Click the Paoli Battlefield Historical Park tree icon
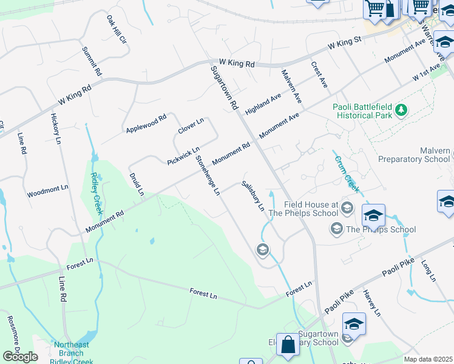(x=401, y=110)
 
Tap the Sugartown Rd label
(x=224, y=88)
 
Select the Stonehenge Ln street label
(x=207, y=176)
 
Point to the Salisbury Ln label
(x=253, y=195)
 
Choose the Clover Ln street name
(x=191, y=127)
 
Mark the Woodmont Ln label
(x=47, y=192)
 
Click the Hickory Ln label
(x=56, y=129)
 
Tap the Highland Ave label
(x=263, y=104)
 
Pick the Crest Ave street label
(x=319, y=75)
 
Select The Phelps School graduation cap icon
(x=336, y=229)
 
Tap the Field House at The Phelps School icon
(x=347, y=208)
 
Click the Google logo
(x=20, y=357)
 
